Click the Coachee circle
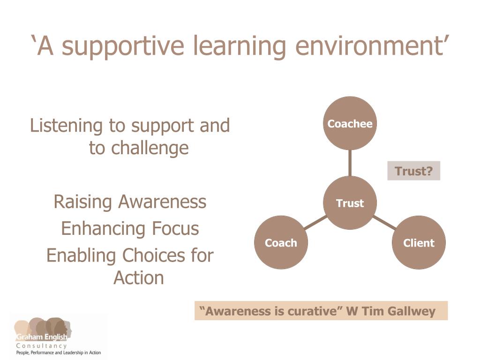(350, 123)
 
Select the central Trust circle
(350, 202)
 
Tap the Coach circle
(281, 242)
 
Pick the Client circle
(419, 242)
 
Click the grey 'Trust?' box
(413, 171)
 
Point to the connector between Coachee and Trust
(350, 163)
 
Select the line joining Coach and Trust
(315, 223)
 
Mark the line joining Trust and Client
(384, 223)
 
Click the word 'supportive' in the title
(123, 46)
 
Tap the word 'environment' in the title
(369, 46)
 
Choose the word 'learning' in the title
(240, 46)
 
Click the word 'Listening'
(66, 126)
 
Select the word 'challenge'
(150, 149)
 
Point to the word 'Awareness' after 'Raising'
(162, 202)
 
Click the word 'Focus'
(175, 228)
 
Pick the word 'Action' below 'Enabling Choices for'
(139, 278)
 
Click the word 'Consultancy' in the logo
(41, 345)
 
